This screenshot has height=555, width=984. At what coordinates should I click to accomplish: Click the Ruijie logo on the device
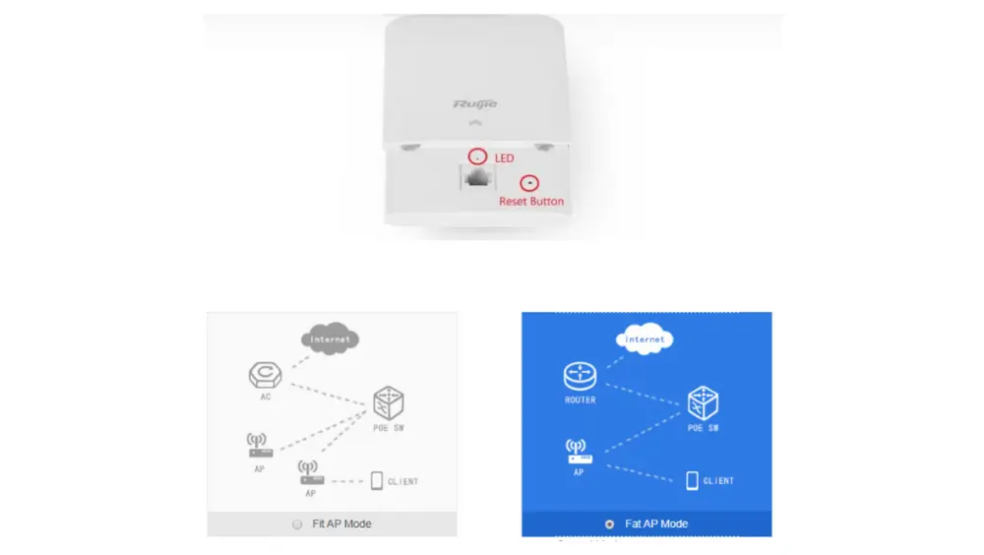(x=475, y=104)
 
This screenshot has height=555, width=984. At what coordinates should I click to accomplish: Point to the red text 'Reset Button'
(x=531, y=202)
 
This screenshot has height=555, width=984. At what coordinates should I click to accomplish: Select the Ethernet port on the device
(x=477, y=178)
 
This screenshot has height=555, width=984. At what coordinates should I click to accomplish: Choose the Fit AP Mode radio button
(x=297, y=524)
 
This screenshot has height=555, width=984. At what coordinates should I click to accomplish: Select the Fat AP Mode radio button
(x=609, y=524)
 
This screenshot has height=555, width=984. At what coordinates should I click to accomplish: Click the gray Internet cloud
(x=330, y=339)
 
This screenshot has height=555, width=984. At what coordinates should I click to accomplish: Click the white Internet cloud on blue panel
(x=645, y=339)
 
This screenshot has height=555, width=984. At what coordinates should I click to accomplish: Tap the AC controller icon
(x=266, y=375)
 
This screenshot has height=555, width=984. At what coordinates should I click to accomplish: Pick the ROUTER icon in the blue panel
(x=580, y=376)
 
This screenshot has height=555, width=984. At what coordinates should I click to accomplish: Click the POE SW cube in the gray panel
(x=389, y=403)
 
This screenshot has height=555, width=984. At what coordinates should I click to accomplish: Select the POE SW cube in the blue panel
(x=703, y=403)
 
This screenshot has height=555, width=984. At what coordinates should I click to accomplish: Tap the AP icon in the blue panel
(x=578, y=452)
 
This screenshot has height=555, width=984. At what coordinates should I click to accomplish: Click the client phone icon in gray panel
(x=377, y=481)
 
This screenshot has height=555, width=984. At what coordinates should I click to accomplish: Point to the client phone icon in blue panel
(x=692, y=481)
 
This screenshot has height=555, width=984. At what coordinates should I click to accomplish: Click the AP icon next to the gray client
(x=311, y=472)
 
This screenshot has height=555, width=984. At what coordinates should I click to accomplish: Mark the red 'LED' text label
(x=505, y=158)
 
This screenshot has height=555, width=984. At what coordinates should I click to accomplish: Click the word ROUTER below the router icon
(x=580, y=400)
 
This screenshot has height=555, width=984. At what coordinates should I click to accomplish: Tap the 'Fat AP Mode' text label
(x=656, y=524)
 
